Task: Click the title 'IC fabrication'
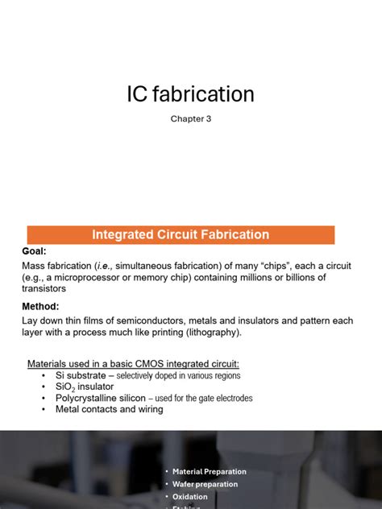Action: click(190, 94)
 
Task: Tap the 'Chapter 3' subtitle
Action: click(190, 119)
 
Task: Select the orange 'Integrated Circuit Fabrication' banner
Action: click(181, 234)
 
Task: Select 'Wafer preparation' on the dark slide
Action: click(205, 484)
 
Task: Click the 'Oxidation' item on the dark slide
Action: click(190, 497)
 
